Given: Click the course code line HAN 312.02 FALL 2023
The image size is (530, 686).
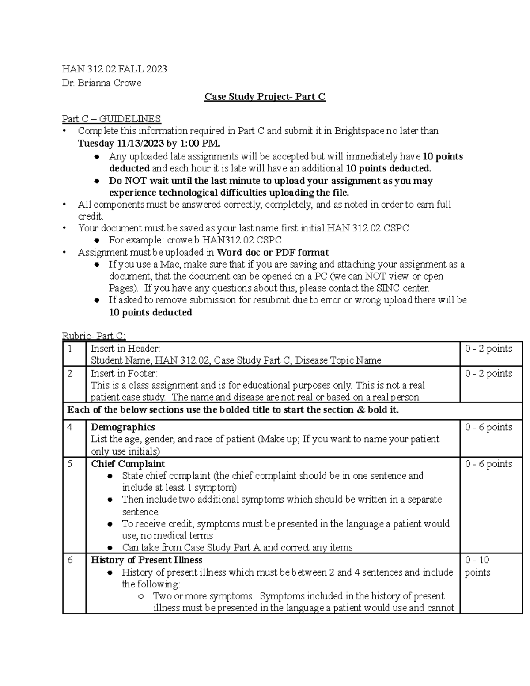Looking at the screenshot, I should coord(114,69).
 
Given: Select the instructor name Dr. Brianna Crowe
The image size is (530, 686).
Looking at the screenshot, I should coord(102,83).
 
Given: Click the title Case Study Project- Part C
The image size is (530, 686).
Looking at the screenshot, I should coord(265,97).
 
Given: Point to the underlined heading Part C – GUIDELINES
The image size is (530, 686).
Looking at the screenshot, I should coord(111,119).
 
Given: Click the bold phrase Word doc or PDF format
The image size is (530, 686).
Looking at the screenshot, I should coord(273,252).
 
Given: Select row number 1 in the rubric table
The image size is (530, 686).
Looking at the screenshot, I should coord(70,349).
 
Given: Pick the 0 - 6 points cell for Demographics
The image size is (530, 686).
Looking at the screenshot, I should coord(488,427).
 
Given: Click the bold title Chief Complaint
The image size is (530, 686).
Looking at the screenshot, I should coord(128,464).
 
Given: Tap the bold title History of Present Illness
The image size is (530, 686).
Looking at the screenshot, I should coord(146,560).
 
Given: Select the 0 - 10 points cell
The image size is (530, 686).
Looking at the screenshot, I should coord(477,566).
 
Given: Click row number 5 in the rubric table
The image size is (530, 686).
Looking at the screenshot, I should coord(70,464).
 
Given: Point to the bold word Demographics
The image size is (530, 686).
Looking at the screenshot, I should coord(123,427).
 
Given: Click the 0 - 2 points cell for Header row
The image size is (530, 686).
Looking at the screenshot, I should coord(488,349).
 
